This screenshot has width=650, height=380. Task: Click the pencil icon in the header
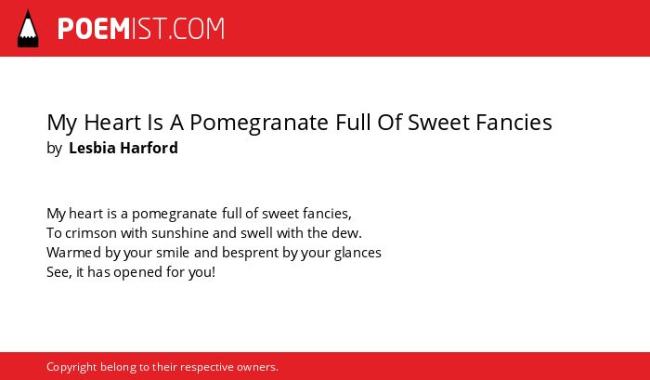(x=28, y=29)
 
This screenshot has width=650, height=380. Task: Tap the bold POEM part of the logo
(x=94, y=29)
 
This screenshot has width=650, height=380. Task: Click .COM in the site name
(x=197, y=29)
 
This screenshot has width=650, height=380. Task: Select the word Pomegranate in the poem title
(x=259, y=123)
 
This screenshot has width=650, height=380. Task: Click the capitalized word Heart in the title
(x=112, y=123)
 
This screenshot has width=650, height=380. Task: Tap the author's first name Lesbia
(x=91, y=148)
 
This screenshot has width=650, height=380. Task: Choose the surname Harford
(x=149, y=148)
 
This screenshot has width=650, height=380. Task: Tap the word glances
(x=357, y=253)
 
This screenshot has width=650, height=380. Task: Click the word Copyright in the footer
(x=71, y=368)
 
